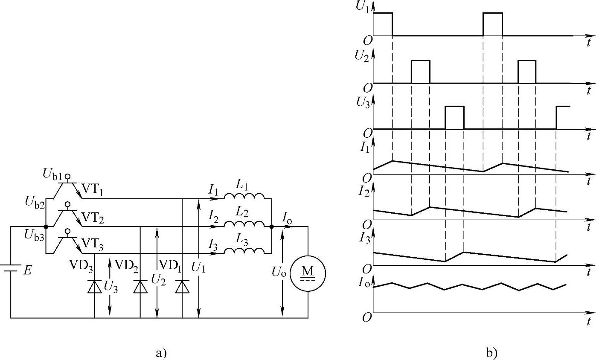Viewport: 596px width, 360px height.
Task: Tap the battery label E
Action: [28, 270]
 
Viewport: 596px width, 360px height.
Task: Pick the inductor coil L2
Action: [244, 224]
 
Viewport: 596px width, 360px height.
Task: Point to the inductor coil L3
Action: [244, 252]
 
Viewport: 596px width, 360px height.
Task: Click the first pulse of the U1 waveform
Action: [383, 24]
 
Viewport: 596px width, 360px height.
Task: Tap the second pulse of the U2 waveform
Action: [527, 71]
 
